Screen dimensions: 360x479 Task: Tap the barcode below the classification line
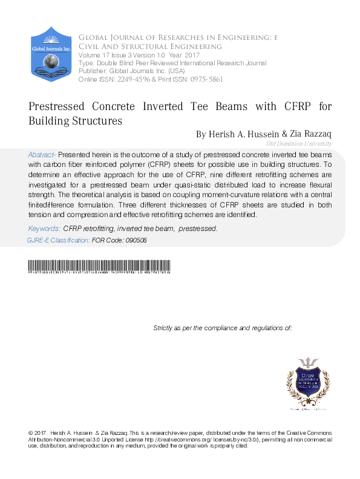click(x=99, y=267)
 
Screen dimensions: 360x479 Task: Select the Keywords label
click(x=44, y=229)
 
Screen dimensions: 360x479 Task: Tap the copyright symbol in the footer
click(x=31, y=434)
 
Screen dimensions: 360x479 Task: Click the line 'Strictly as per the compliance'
click(x=223, y=328)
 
